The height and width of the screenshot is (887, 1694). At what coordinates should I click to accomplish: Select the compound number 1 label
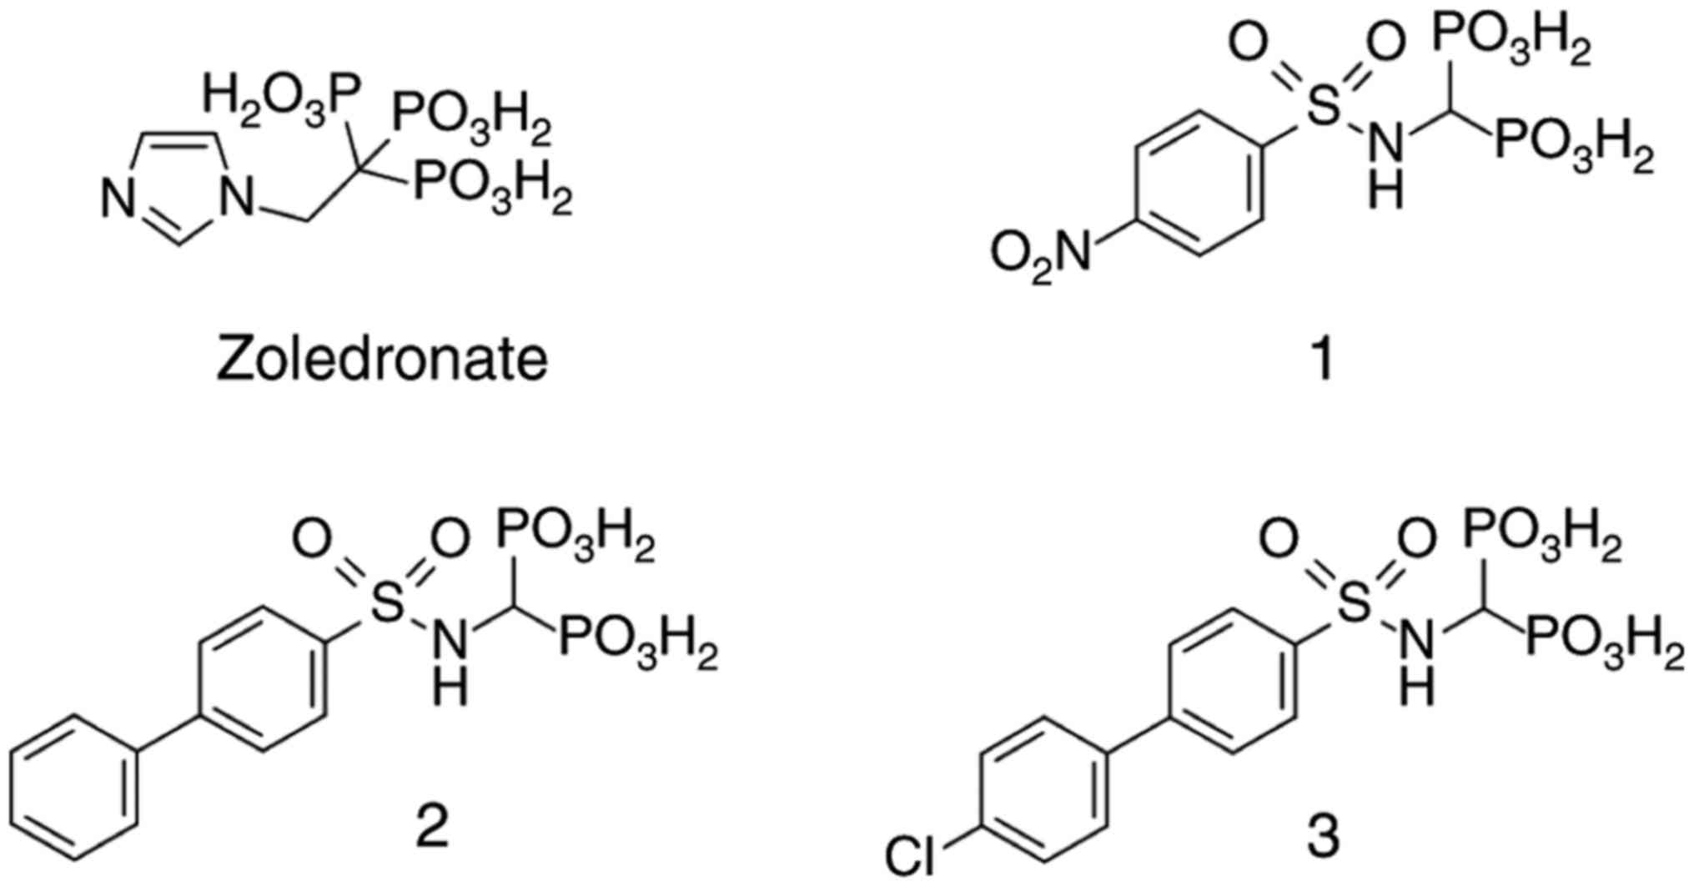coord(1323,359)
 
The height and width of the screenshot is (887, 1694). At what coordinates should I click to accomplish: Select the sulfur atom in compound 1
coord(1323,109)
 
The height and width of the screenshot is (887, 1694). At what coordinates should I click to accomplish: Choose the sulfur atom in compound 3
coord(1355,602)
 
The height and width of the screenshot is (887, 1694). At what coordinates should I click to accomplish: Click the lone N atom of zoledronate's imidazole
coord(119,201)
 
